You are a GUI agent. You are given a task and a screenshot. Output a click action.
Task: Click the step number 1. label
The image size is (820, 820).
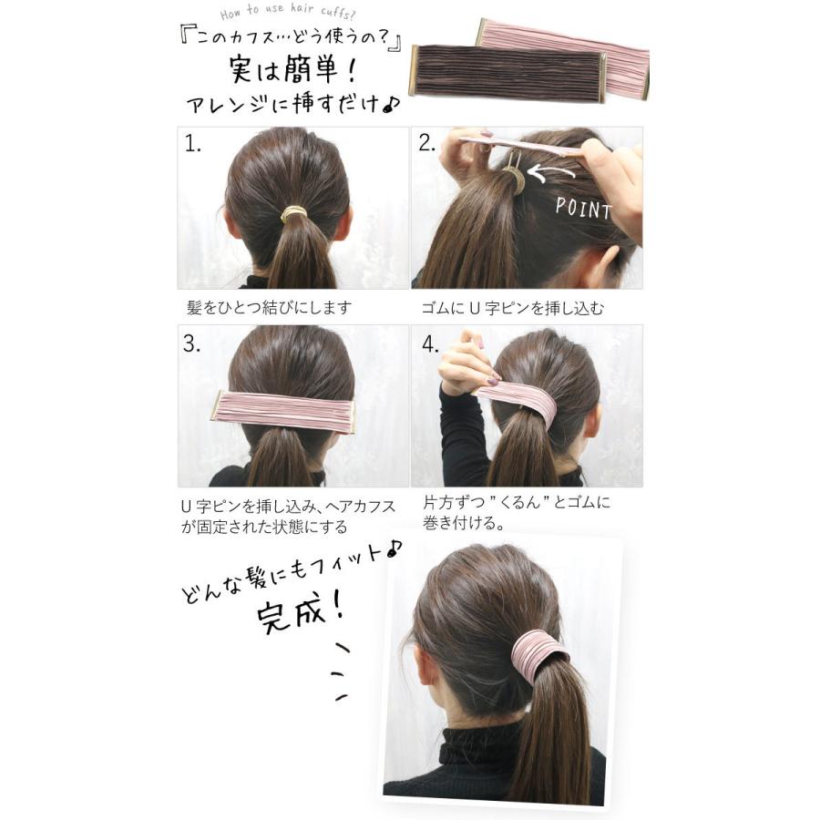coord(192,144)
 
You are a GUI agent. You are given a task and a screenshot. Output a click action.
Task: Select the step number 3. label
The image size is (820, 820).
coord(191,343)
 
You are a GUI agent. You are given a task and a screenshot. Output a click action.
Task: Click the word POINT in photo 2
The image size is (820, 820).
coord(583,208)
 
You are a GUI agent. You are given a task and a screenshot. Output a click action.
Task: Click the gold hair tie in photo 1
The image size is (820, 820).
coord(293,214)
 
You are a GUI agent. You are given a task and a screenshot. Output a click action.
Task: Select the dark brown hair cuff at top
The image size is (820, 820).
coord(506,70)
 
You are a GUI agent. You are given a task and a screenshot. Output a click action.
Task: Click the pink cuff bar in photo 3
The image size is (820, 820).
coord(283,412)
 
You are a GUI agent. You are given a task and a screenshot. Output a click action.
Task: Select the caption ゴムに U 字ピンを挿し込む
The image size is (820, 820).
coord(512,308)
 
